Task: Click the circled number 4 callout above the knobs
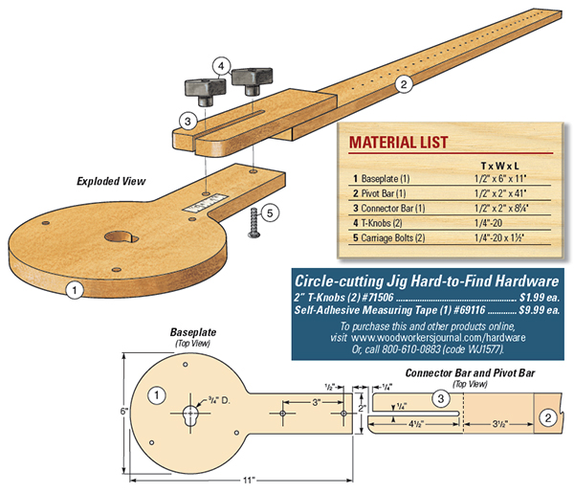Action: (x=221, y=66)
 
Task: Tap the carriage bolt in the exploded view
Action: (x=254, y=222)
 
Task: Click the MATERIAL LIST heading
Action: (x=398, y=143)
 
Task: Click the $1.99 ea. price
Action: (x=538, y=297)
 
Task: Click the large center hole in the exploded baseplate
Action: (x=121, y=235)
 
